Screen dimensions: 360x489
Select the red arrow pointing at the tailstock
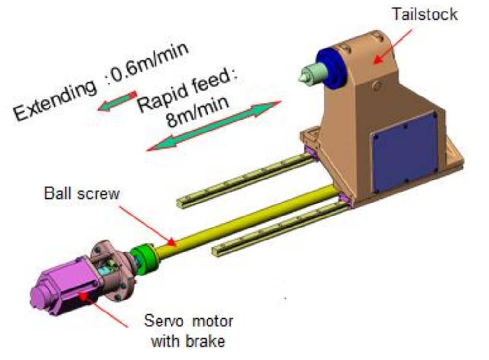(392, 46)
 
